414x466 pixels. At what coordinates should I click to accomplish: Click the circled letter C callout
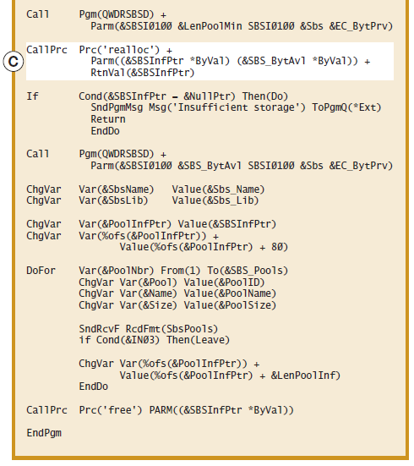(x=14, y=62)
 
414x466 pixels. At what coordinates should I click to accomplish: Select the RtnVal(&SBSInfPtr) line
(x=143, y=73)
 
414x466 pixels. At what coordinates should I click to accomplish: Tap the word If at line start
(x=32, y=96)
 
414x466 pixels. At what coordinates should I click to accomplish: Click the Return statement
(x=108, y=119)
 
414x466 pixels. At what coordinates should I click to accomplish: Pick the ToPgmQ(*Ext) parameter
(x=346, y=107)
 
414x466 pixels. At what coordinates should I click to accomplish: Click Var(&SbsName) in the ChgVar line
(x=116, y=189)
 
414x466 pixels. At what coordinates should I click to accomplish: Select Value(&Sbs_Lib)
(x=215, y=201)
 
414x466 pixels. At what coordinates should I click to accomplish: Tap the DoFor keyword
(x=41, y=271)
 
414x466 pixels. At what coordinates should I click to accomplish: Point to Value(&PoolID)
(x=224, y=282)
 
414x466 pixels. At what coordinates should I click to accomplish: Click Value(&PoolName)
(x=230, y=294)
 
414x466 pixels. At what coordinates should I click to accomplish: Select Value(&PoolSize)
(x=230, y=305)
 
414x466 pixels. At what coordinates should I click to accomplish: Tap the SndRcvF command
(x=99, y=329)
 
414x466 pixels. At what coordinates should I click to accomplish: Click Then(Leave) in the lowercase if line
(x=198, y=340)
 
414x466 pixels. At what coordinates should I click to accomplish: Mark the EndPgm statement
(x=44, y=434)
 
